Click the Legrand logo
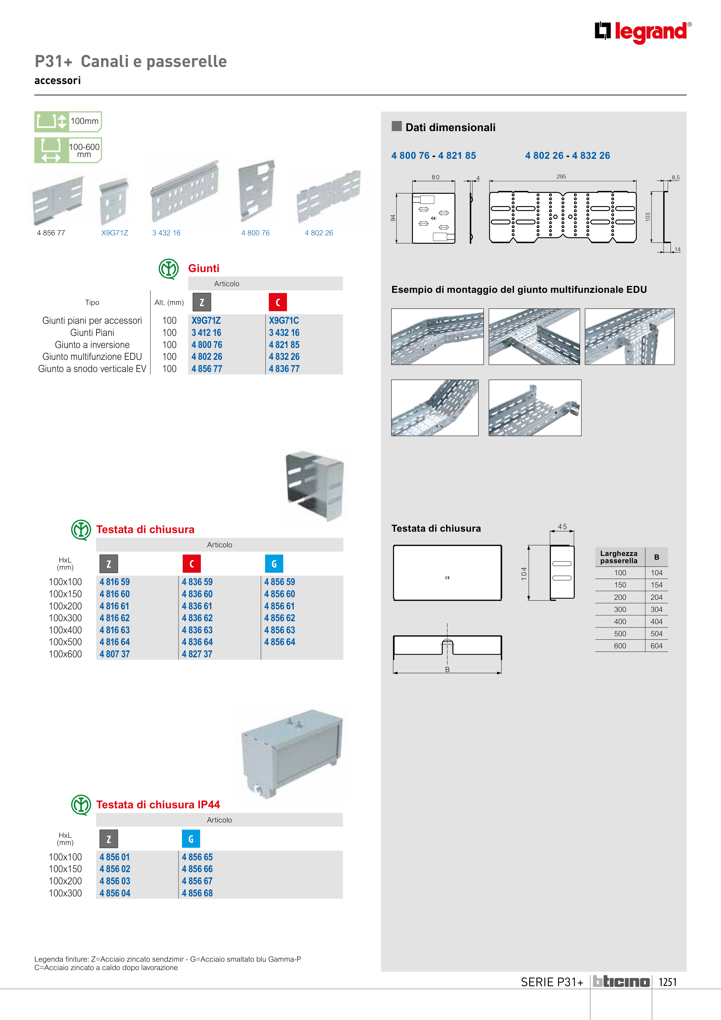[642, 32]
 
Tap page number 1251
[667, 982]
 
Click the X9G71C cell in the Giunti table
[284, 320]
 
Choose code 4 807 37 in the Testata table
[115, 654]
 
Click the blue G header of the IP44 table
[191, 839]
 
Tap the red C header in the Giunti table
[278, 302]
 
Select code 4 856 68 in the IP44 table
[197, 893]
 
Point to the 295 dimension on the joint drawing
[561, 177]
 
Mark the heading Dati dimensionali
[450, 128]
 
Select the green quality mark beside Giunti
[169, 269]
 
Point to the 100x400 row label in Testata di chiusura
[65, 630]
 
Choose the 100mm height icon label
[84, 121]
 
